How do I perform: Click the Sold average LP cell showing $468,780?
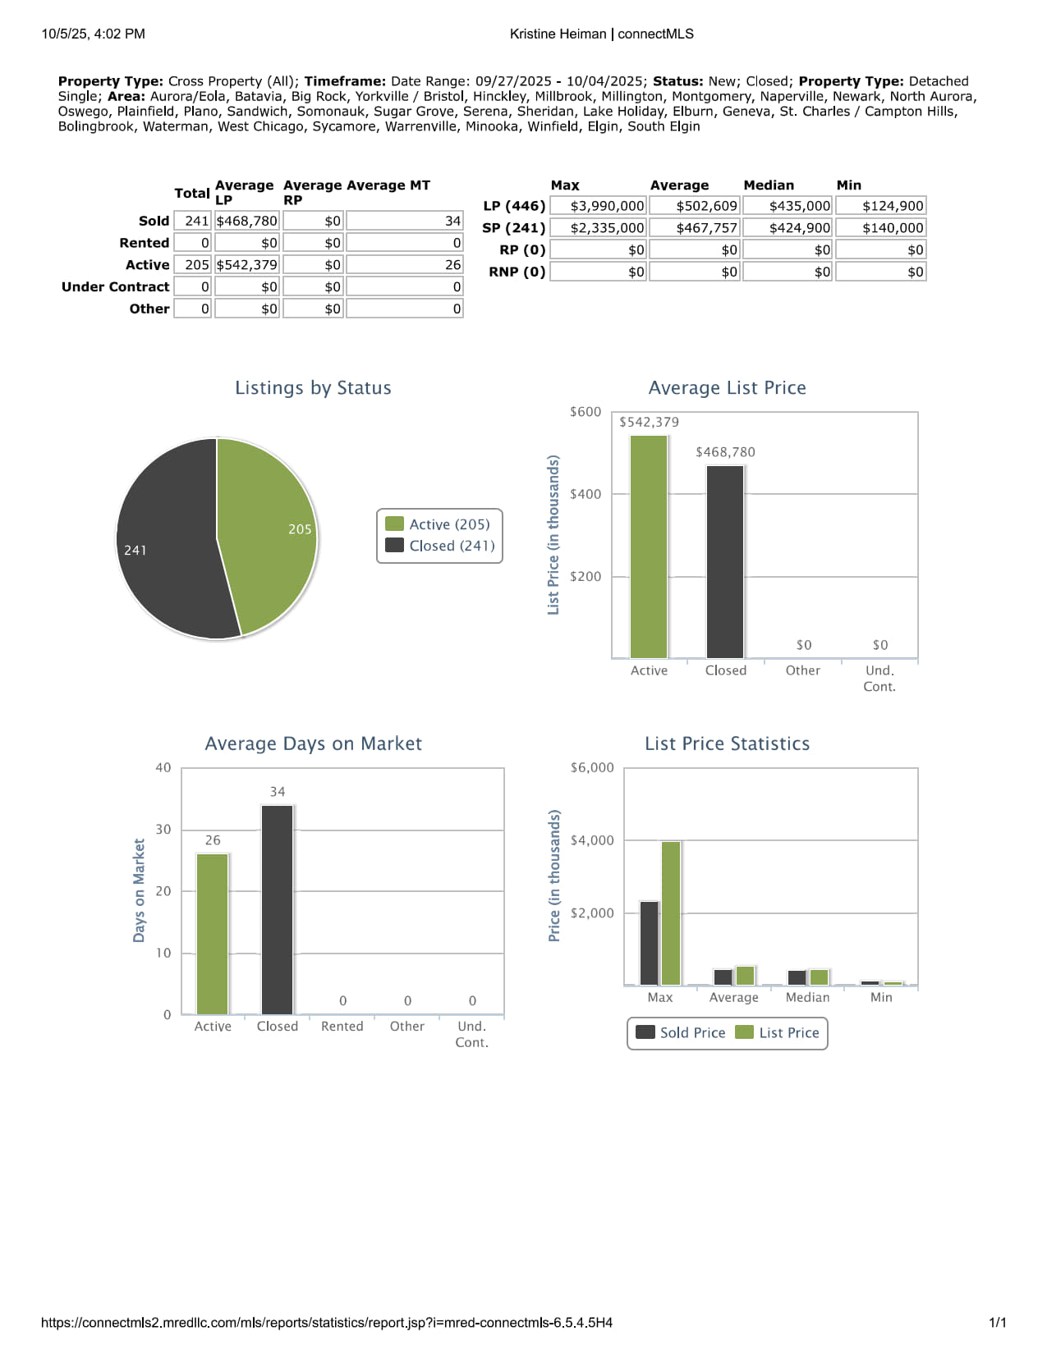click(x=246, y=221)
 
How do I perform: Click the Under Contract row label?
click(x=115, y=286)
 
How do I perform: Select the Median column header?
click(x=769, y=185)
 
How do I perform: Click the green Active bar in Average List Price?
click(x=649, y=546)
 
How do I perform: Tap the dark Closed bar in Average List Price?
click(x=725, y=562)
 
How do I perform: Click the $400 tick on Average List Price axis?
click(x=585, y=494)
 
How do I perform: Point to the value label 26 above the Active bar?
click(x=213, y=840)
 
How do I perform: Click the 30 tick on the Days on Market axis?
click(x=163, y=830)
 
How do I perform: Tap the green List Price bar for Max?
click(x=671, y=913)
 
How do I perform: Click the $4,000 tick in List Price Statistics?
click(x=592, y=840)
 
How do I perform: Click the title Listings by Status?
click(x=313, y=388)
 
